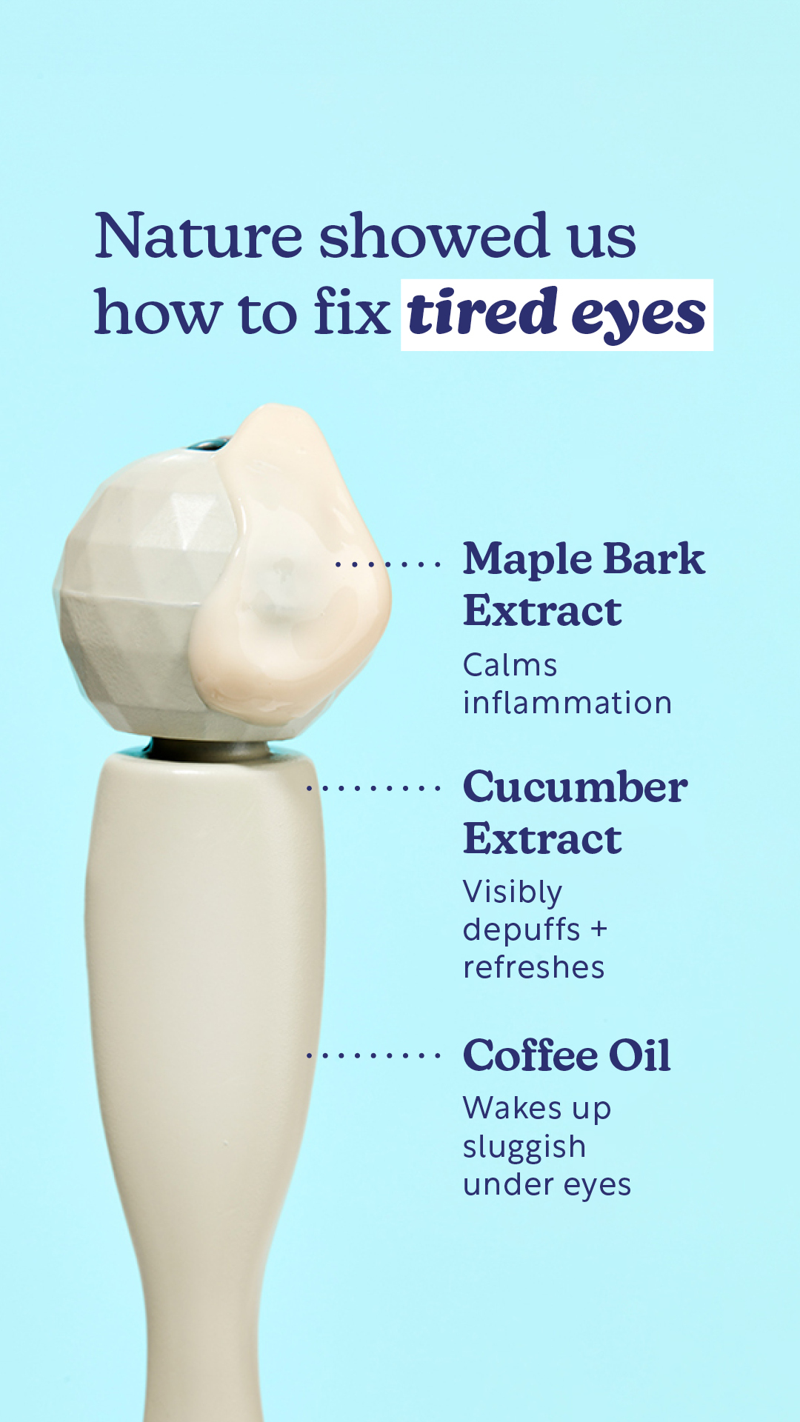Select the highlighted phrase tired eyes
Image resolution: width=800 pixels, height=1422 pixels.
[556, 314]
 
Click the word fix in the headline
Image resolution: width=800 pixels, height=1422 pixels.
[352, 310]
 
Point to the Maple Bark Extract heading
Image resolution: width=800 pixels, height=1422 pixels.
[584, 584]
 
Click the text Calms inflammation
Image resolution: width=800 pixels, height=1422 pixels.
[567, 684]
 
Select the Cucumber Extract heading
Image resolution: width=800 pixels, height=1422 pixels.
[576, 812]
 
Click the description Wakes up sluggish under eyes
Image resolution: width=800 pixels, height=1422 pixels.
[547, 1146]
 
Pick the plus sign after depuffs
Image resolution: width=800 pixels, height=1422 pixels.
[599, 929]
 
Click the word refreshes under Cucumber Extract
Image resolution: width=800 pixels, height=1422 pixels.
[533, 967]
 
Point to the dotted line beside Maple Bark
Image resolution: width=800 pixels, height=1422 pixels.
[387, 564]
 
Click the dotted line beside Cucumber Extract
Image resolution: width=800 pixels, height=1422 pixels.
[373, 788]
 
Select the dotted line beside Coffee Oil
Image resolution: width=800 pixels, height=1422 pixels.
[373, 1055]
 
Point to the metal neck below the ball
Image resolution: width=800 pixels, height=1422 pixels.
[211, 750]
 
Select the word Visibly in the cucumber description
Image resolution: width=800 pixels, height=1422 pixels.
[513, 892]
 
